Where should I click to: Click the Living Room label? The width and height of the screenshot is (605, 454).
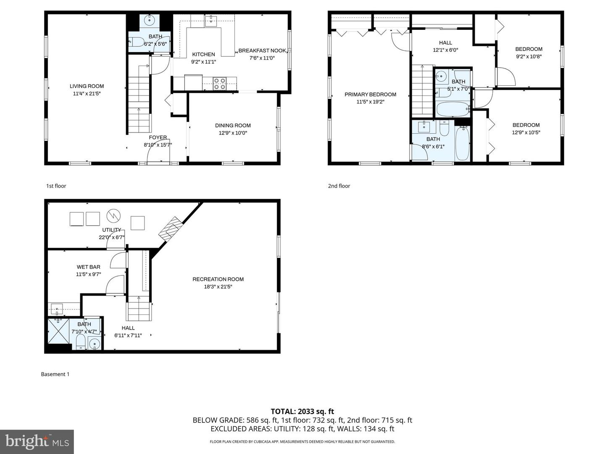[x=87, y=86]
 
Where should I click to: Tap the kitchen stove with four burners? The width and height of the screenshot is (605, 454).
[x=219, y=84]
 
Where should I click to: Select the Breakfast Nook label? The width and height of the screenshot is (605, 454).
[x=262, y=51]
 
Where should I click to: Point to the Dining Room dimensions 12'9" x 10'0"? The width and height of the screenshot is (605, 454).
[x=233, y=133]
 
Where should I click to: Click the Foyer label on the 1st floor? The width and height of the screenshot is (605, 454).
[x=158, y=137]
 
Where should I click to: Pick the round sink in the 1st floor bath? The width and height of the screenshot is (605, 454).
[x=150, y=20]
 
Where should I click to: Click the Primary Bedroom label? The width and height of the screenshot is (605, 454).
[x=370, y=95]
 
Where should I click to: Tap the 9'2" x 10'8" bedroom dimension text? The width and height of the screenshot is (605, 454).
[x=529, y=56]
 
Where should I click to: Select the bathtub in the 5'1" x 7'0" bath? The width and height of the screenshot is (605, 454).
[x=453, y=109]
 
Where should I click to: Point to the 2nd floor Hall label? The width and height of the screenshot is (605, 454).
[x=445, y=42]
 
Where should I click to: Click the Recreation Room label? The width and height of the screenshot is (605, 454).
[x=218, y=279]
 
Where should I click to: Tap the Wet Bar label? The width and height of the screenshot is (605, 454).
[x=88, y=267]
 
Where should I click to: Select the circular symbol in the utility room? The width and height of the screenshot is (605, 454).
[x=113, y=216]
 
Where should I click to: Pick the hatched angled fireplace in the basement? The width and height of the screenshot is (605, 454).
[x=170, y=229]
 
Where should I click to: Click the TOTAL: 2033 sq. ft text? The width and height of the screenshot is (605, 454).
[x=302, y=412]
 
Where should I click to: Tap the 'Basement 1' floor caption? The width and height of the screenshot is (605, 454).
[x=55, y=374]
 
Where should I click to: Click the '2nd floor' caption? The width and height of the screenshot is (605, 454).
[x=339, y=186]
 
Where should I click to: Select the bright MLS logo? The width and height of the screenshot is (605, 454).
[x=37, y=441]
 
